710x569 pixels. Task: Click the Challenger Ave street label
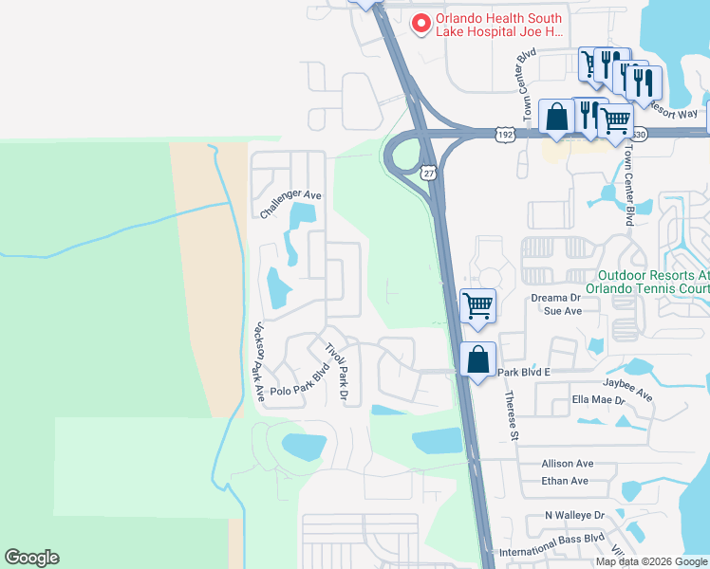(x=291, y=204)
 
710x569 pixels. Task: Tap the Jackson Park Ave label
(x=256, y=359)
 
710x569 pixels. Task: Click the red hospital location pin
(x=419, y=23)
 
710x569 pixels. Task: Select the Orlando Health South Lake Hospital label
(x=499, y=25)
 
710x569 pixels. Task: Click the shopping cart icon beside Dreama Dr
(x=477, y=305)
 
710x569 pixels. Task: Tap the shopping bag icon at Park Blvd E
(x=477, y=359)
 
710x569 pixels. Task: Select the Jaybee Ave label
(x=627, y=388)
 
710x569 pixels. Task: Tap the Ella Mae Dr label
(x=598, y=400)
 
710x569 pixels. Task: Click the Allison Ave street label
(x=567, y=464)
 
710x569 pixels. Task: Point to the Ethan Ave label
(x=565, y=481)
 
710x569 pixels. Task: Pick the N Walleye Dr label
(x=574, y=515)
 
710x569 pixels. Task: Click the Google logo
(x=31, y=558)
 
